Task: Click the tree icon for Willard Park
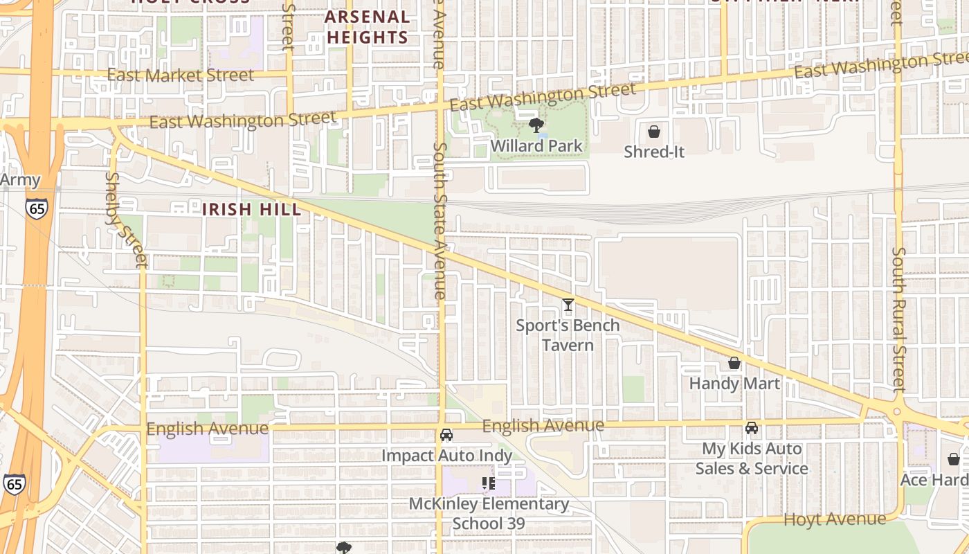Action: (x=536, y=125)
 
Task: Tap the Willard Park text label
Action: (x=536, y=146)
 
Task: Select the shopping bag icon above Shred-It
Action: (x=653, y=131)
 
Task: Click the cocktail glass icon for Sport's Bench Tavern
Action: (x=568, y=304)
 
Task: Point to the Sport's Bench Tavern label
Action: (x=568, y=335)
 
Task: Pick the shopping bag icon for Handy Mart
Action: (x=734, y=363)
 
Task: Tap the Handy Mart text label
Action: (x=734, y=384)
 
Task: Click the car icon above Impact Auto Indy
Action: (x=446, y=435)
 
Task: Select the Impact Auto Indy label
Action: (x=446, y=456)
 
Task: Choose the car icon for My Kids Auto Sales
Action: (x=752, y=428)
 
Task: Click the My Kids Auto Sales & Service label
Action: (x=752, y=458)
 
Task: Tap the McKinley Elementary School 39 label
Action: (x=489, y=513)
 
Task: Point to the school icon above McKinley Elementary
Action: (x=489, y=483)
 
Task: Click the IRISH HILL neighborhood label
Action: (x=252, y=209)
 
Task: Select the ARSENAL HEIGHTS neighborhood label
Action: (x=367, y=27)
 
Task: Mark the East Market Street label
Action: (x=181, y=75)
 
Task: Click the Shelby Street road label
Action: (x=126, y=220)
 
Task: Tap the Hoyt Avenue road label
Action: (x=834, y=519)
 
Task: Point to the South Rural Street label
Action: (x=898, y=319)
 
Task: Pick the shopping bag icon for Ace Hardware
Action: (x=953, y=459)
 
